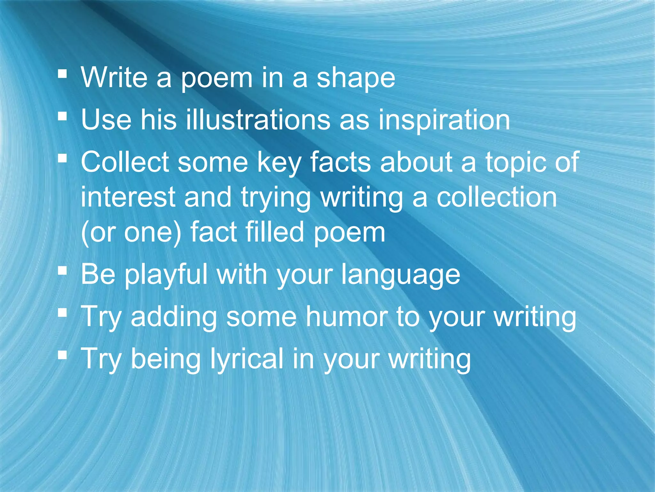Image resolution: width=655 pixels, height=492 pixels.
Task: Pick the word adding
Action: point(174,317)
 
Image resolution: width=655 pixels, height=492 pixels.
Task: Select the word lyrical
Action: point(246,360)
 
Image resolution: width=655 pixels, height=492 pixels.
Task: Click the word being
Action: point(166,360)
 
